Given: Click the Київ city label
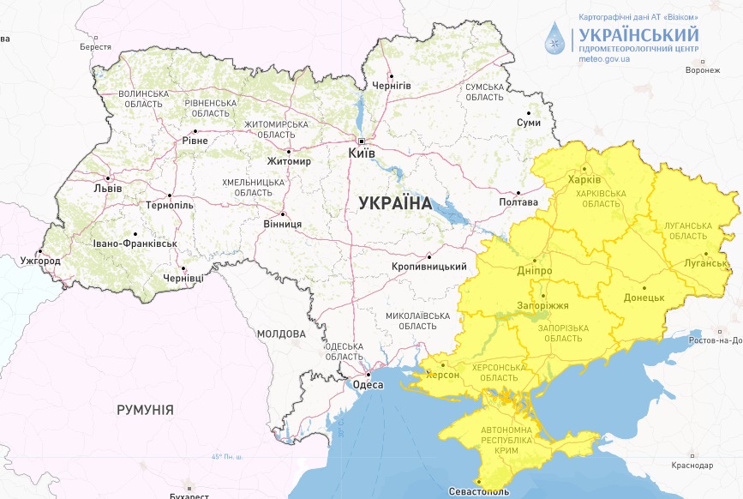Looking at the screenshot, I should (x=362, y=153).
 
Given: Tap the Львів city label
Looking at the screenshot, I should (x=107, y=189).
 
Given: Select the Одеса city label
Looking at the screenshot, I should (x=369, y=385).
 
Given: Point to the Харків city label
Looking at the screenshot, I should (x=585, y=180).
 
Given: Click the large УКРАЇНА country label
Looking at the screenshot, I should (x=395, y=203).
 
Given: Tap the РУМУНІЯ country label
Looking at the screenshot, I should (x=145, y=410).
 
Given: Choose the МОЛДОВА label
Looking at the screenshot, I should (x=281, y=334).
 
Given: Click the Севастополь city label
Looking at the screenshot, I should (x=479, y=492).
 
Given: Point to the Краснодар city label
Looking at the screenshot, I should (x=692, y=466).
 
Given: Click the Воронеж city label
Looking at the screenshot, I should (x=703, y=70).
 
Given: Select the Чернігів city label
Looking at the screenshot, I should (x=392, y=86).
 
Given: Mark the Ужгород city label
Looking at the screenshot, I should (x=40, y=260).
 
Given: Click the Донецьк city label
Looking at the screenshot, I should (x=644, y=298).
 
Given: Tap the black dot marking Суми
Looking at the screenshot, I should (x=530, y=113).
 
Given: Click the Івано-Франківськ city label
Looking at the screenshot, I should (x=136, y=244).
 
